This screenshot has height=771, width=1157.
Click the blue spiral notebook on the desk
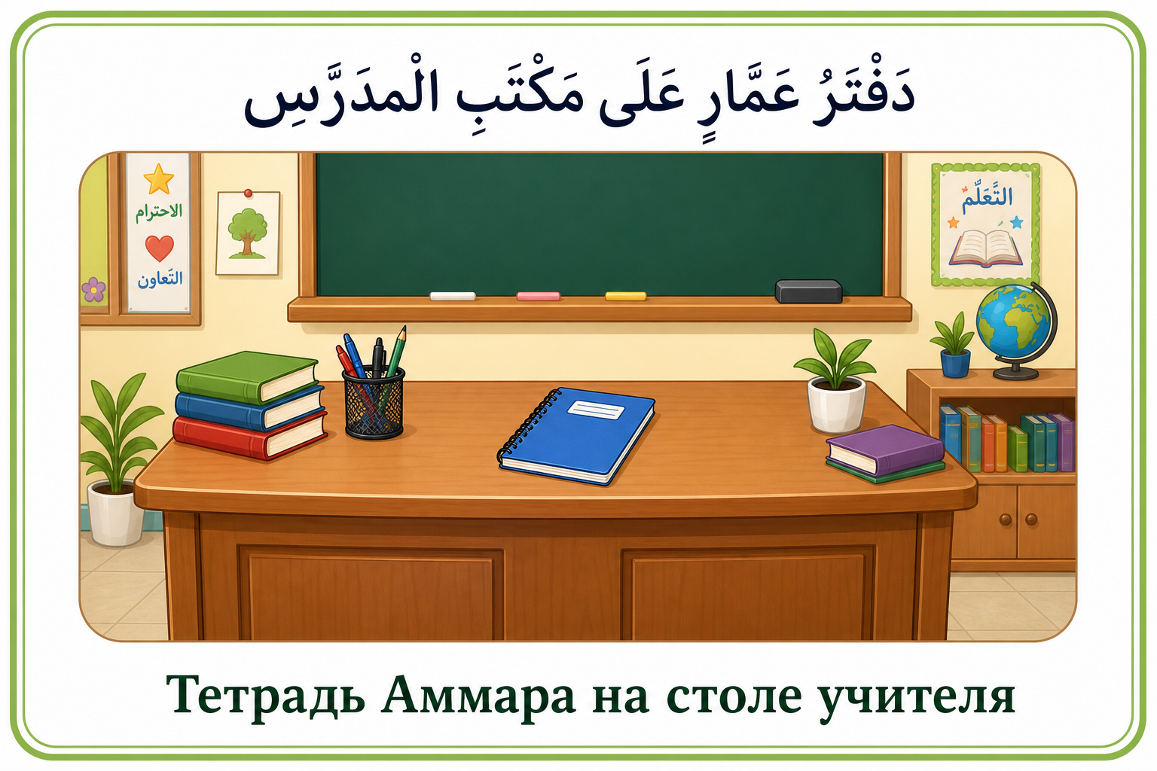pyautogui.click(x=576, y=437)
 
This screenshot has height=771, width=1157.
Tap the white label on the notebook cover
pyautogui.click(x=596, y=410)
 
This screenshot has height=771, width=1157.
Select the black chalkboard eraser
pyautogui.click(x=808, y=291)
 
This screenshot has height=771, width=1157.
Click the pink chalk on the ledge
pyautogui.click(x=539, y=296)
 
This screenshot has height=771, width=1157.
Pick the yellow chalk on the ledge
pyautogui.click(x=625, y=296)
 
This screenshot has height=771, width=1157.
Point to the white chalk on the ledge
pyautogui.click(x=453, y=296)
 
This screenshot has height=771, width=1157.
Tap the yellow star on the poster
pyautogui.click(x=159, y=178)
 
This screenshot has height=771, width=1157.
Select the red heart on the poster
pyautogui.click(x=159, y=248)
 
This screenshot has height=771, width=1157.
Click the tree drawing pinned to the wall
pyautogui.click(x=248, y=233)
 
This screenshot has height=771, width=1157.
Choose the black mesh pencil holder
pyautogui.click(x=374, y=403)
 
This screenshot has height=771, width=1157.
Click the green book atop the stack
pyautogui.click(x=247, y=377)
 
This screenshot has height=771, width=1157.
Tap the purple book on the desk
pyautogui.click(x=884, y=450)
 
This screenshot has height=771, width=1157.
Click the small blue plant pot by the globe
pyautogui.click(x=954, y=363)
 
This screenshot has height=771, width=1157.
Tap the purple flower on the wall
pyautogui.click(x=93, y=289)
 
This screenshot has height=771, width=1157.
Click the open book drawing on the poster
pyautogui.click(x=985, y=248)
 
